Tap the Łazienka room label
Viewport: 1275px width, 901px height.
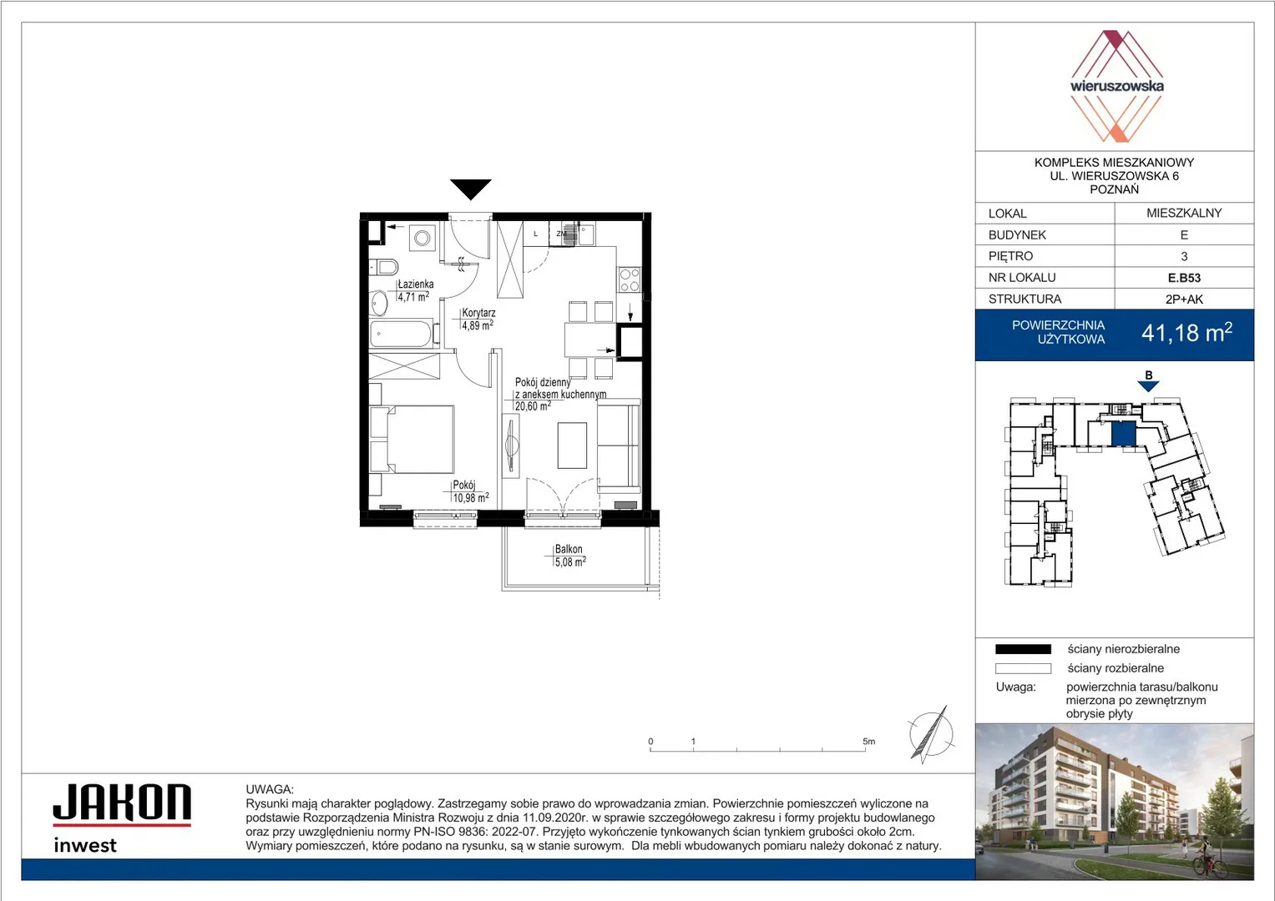pyautogui.click(x=416, y=284)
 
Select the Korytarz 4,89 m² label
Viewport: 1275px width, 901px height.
pyautogui.click(x=478, y=319)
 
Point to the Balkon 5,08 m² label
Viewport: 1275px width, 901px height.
pyautogui.click(x=569, y=555)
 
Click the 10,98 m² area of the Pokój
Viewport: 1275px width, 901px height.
pyautogui.click(x=471, y=498)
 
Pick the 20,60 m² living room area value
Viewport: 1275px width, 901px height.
pyautogui.click(x=533, y=406)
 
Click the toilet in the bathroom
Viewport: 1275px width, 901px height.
pyautogui.click(x=383, y=266)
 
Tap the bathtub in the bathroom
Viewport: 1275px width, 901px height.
pyautogui.click(x=402, y=334)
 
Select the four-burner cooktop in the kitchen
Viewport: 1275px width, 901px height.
pyautogui.click(x=629, y=279)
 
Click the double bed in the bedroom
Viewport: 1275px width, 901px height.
pyautogui.click(x=412, y=439)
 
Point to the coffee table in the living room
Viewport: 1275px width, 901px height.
pyautogui.click(x=572, y=445)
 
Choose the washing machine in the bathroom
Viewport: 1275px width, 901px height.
pyautogui.click(x=422, y=237)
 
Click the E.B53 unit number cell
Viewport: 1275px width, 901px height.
pyautogui.click(x=1184, y=278)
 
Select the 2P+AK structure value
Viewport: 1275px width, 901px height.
pyautogui.click(x=1184, y=299)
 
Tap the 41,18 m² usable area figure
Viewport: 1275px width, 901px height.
pyautogui.click(x=1186, y=333)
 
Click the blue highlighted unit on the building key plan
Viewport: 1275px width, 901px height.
pyautogui.click(x=1124, y=435)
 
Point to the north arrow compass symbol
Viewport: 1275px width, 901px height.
pyautogui.click(x=931, y=734)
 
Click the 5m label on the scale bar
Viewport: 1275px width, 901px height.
pyautogui.click(x=868, y=741)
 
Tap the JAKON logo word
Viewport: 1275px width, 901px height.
pyautogui.click(x=122, y=802)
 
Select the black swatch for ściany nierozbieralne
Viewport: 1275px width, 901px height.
pyautogui.click(x=1023, y=649)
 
